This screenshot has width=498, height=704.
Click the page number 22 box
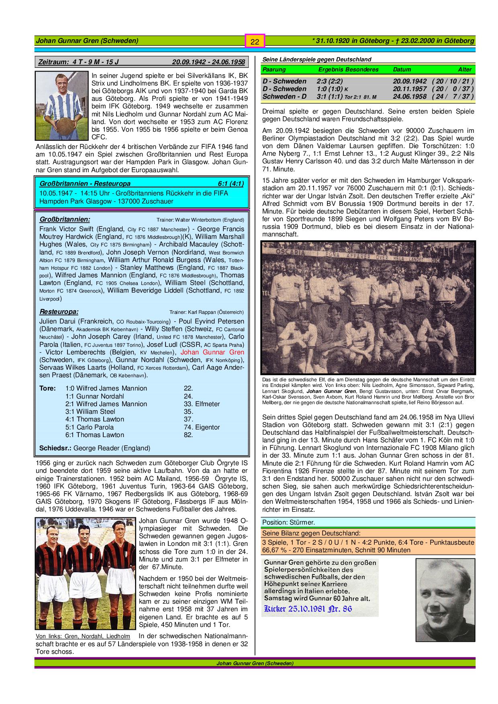pyautogui.click(x=255, y=41)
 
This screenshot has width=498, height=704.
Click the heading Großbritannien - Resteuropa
pyautogui.click(x=85, y=183)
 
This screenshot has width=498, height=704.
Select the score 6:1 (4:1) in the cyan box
pyautogui.click(x=231, y=183)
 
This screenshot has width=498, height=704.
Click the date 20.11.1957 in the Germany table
pyautogui.click(x=410, y=89)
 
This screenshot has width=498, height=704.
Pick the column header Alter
pyautogui.click(x=465, y=69)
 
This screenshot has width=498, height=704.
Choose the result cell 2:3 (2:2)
pyautogui.click(x=329, y=81)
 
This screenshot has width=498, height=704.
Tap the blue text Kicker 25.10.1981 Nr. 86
pyautogui.click(x=308, y=609)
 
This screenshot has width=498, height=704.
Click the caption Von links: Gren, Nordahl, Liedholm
pyautogui.click(x=83, y=636)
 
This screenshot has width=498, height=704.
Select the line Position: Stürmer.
pyautogui.click(x=289, y=522)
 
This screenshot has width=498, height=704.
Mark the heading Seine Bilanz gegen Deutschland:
pyautogui.click(x=311, y=533)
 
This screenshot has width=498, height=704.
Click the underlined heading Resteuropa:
pyautogui.click(x=59, y=311)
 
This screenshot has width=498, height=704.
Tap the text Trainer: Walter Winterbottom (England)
pyautogui.click(x=200, y=220)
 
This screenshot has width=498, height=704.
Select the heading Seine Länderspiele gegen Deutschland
pyautogui.click(x=316, y=59)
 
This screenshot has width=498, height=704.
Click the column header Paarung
pyautogui.click(x=274, y=69)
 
